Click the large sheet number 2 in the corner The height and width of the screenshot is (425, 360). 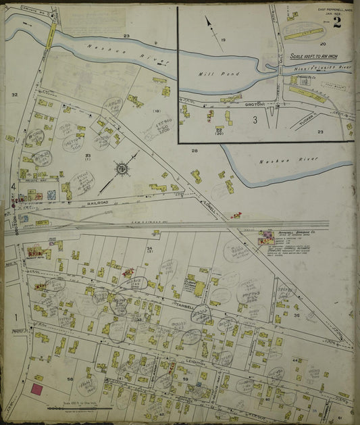336,22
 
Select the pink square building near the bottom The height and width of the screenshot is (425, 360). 36,389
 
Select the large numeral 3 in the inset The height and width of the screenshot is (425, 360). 255,120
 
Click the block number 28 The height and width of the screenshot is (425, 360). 194,151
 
